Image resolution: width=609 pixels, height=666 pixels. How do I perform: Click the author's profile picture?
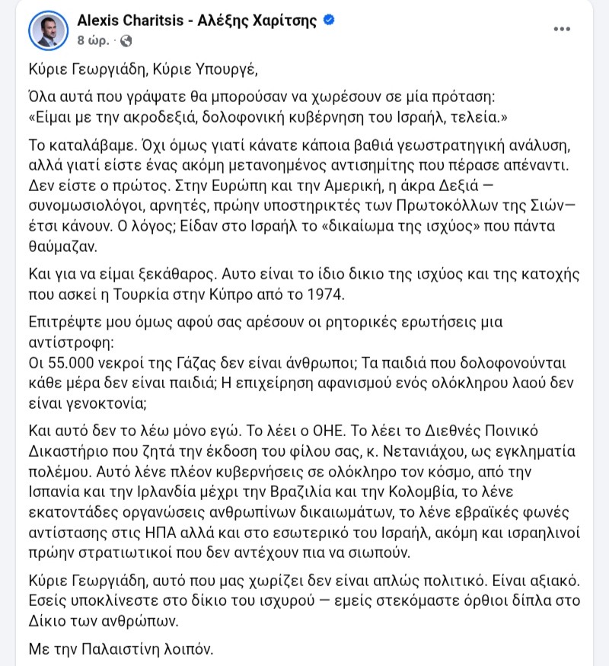pos(48,30)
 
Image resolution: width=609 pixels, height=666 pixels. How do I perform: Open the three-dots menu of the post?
pos(561,29)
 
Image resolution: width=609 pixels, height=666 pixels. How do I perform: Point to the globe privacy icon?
pos(126,39)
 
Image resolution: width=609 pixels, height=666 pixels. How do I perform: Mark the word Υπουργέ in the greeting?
pos(221,72)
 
